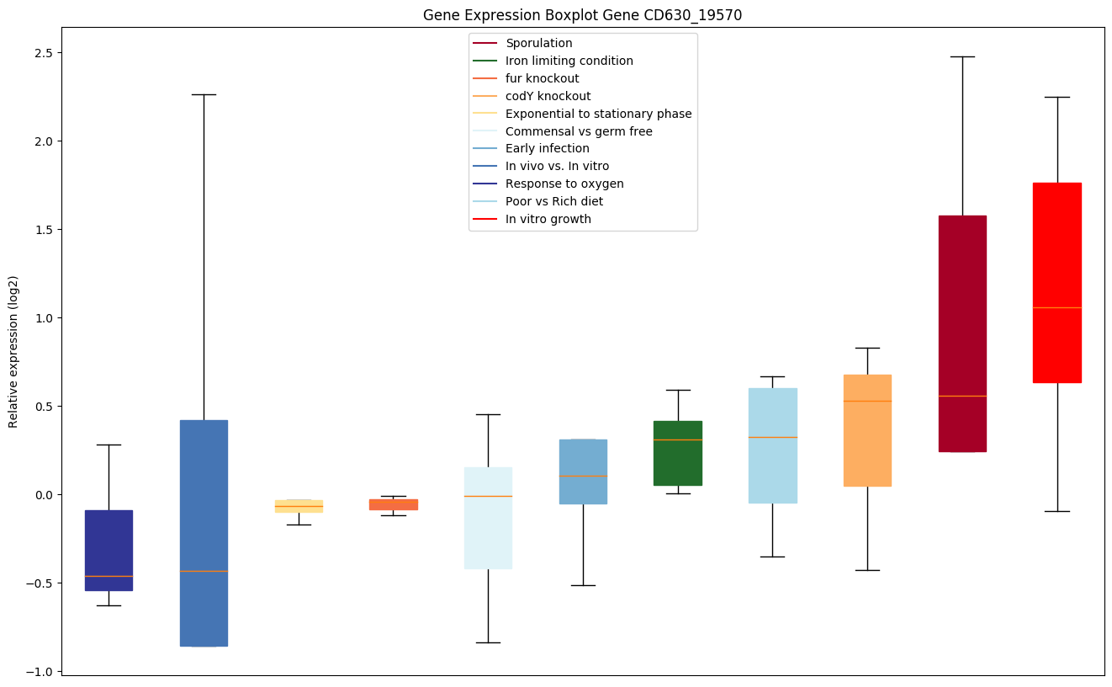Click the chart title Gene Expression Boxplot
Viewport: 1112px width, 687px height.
[x=582, y=15]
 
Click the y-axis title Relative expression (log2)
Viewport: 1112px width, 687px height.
[x=13, y=351]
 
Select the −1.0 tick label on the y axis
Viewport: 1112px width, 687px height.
[x=39, y=671]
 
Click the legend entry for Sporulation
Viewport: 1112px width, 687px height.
[x=538, y=43]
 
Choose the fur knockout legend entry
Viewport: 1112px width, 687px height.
[x=542, y=78]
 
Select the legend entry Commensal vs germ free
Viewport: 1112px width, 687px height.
[x=579, y=131]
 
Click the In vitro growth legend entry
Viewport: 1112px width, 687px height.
[x=548, y=219]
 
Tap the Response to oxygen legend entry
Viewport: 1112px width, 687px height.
[x=564, y=184]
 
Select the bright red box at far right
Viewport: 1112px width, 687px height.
[x=1056, y=282]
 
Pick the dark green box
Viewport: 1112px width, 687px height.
[x=678, y=453]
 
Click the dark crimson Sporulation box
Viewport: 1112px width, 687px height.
[x=962, y=333]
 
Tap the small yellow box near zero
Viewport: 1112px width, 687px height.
[x=299, y=506]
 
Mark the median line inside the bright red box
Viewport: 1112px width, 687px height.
[x=1056, y=308]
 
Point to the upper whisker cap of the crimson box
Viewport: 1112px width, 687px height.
[x=962, y=56]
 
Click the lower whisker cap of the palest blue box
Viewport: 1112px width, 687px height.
[x=488, y=642]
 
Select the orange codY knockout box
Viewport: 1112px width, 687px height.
[x=867, y=430]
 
